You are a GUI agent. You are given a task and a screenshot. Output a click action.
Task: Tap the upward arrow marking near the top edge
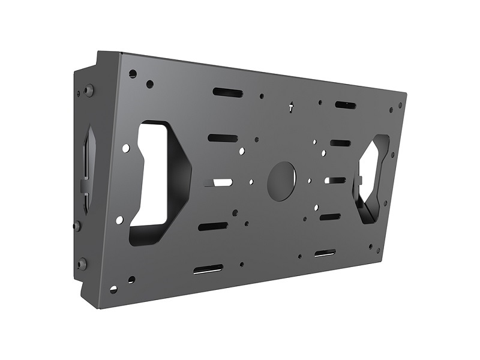pyautogui.click(x=291, y=109)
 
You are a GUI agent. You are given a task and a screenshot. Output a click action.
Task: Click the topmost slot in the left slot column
pyautogui.click(x=227, y=93)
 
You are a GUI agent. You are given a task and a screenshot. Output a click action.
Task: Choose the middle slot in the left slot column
pyautogui.click(x=218, y=182)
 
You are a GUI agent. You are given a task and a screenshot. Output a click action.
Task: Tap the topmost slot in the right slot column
pyautogui.click(x=345, y=106)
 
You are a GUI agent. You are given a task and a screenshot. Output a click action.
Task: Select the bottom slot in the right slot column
pyautogui.click(x=325, y=253)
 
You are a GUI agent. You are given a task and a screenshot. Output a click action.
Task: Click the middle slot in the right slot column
pyautogui.click(x=335, y=180)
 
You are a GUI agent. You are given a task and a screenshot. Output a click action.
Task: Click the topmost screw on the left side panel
pyautogui.click(x=89, y=91)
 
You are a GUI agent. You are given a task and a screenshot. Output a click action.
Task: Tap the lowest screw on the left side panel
pyautogui.click(x=82, y=263)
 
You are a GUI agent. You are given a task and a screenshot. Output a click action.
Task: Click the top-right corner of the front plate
pyautogui.click(x=406, y=94)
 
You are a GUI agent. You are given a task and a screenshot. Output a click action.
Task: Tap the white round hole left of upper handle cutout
pyautogui.click(x=125, y=147)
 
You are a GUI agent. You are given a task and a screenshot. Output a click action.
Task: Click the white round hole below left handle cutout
pyautogui.click(x=119, y=220)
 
